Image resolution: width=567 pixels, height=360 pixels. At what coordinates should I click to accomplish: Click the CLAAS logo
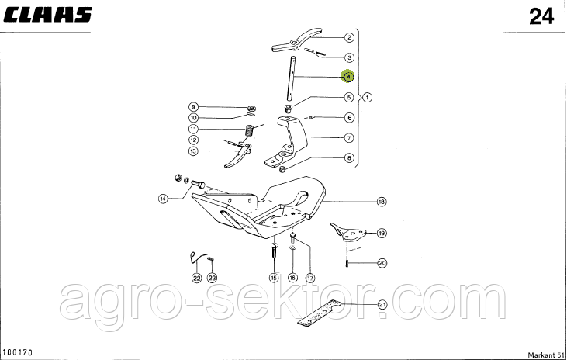(47, 15)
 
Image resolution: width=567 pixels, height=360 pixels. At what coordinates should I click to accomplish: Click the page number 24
(541, 16)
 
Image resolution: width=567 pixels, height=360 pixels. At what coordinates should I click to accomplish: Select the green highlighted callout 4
(347, 76)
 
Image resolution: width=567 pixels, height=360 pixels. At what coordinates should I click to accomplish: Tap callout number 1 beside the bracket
(367, 97)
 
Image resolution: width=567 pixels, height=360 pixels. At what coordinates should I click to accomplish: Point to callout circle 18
(382, 202)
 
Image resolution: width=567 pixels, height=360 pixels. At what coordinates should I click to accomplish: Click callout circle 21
(382, 305)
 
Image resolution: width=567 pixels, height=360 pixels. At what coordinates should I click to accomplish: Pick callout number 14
(164, 199)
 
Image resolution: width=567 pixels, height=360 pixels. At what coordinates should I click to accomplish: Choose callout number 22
(196, 278)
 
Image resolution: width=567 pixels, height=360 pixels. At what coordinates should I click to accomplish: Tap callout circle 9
(193, 107)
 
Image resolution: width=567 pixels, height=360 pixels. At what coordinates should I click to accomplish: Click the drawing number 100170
(18, 352)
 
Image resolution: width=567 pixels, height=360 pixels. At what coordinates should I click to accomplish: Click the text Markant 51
(546, 355)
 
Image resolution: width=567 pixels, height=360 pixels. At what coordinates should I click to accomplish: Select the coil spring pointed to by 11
(249, 130)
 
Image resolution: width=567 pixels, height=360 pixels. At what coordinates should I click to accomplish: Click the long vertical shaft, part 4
(291, 78)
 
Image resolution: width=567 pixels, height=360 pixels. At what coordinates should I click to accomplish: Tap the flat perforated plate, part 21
(320, 312)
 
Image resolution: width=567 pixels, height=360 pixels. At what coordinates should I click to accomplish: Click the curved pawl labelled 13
(239, 156)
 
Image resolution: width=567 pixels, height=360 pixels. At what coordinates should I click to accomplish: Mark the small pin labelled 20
(347, 262)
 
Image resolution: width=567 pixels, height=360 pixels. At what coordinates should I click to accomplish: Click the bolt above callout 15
(273, 250)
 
